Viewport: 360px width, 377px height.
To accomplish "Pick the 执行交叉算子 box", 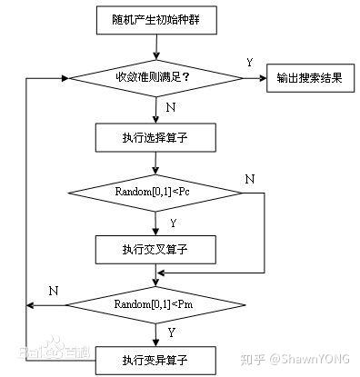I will pos(156,247).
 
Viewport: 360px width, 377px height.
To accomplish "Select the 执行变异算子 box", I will pos(156,356).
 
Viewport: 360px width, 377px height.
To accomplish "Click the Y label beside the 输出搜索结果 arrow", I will pos(249,63).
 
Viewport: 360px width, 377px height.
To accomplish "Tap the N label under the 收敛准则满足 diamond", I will pos(171,107).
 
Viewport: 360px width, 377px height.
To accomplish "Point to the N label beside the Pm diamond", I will pos(54,289).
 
